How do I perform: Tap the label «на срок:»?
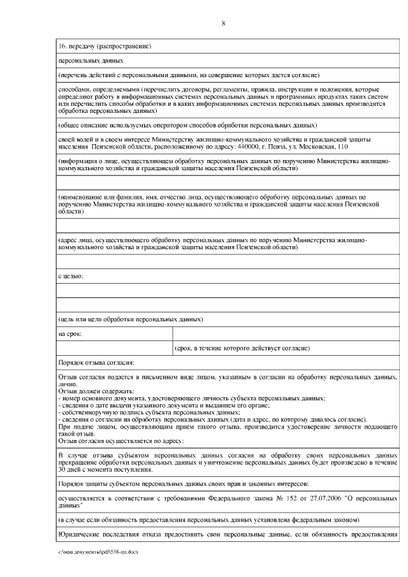[x=70, y=333]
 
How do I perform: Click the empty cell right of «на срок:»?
[x=286, y=333]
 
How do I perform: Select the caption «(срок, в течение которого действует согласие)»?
[x=242, y=349]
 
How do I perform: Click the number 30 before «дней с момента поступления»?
[x=62, y=470]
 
